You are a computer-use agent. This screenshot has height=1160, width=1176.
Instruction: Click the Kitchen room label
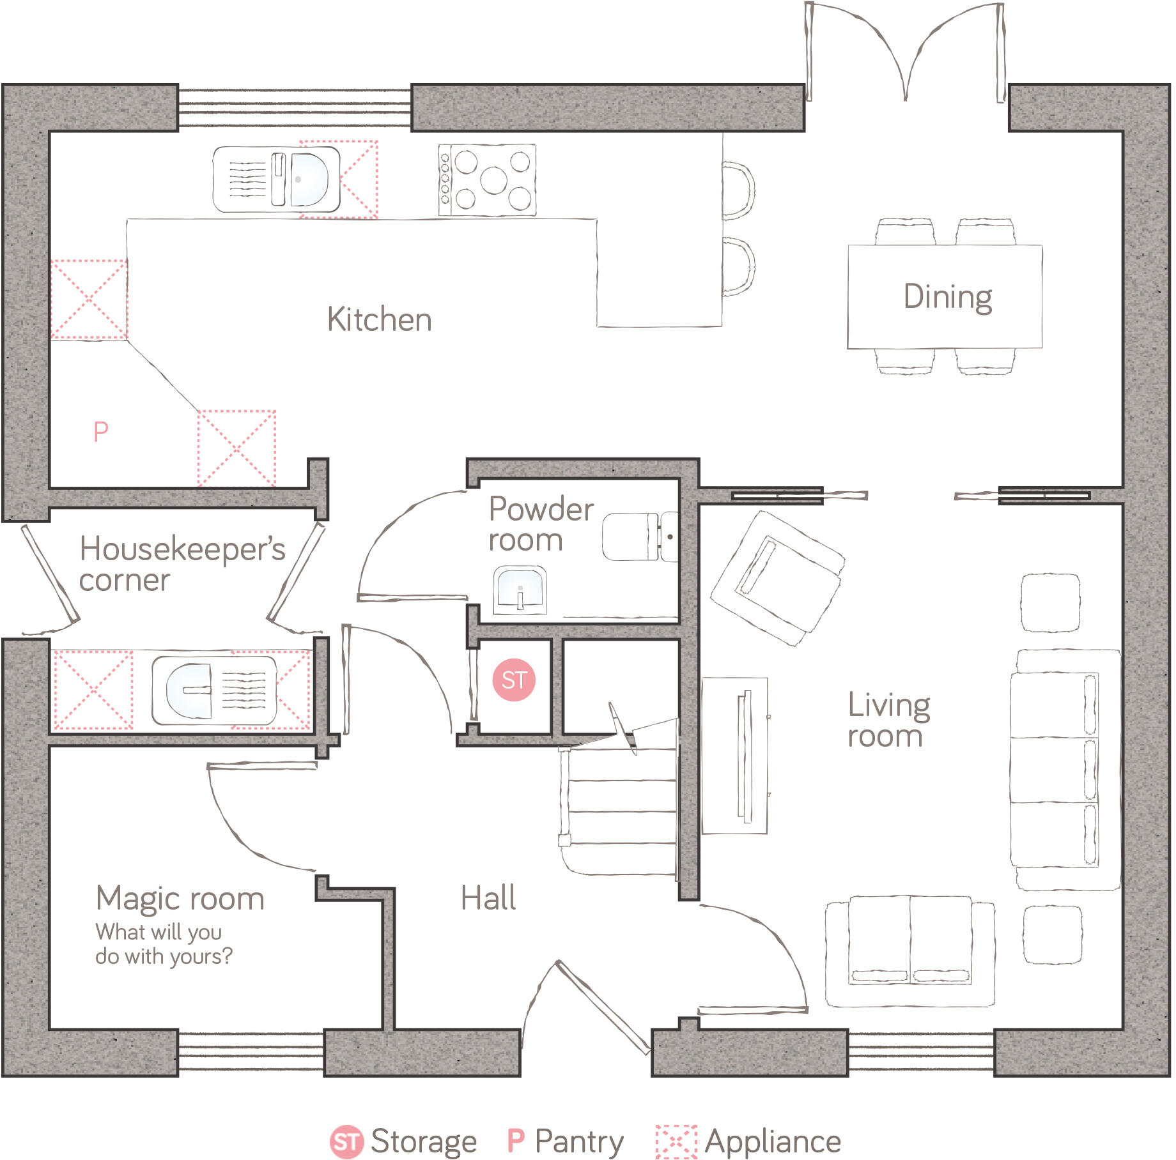click(380, 319)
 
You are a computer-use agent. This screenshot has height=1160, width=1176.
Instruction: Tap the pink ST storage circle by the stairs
click(514, 680)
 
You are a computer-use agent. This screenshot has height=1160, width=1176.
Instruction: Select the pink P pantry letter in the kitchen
click(101, 432)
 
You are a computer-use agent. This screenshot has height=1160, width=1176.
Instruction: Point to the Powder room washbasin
click(521, 590)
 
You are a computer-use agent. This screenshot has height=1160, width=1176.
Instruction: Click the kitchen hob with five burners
click(487, 179)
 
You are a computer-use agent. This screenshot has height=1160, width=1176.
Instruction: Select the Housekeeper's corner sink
click(189, 690)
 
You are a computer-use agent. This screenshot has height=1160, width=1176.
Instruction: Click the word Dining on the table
click(948, 297)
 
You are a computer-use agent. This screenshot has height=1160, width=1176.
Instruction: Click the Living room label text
click(888, 720)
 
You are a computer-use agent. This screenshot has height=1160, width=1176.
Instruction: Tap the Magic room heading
click(180, 899)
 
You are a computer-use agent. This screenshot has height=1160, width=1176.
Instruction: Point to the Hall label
click(488, 898)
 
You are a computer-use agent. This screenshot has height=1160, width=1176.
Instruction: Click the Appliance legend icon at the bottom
click(676, 1141)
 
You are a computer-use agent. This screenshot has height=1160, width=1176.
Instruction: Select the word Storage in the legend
click(424, 1141)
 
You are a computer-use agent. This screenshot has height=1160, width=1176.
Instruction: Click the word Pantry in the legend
click(579, 1141)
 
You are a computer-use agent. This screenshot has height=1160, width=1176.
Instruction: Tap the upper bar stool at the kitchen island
click(738, 190)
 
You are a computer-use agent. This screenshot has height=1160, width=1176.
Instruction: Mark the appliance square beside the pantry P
click(236, 448)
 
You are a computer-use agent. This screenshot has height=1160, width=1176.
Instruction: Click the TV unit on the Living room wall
click(735, 756)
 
